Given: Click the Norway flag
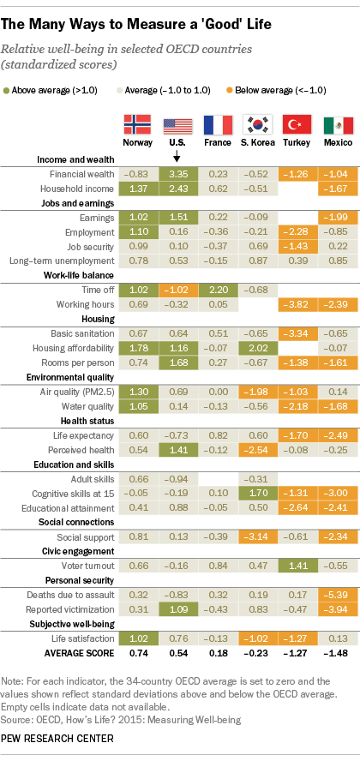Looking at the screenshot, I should click(137, 125).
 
